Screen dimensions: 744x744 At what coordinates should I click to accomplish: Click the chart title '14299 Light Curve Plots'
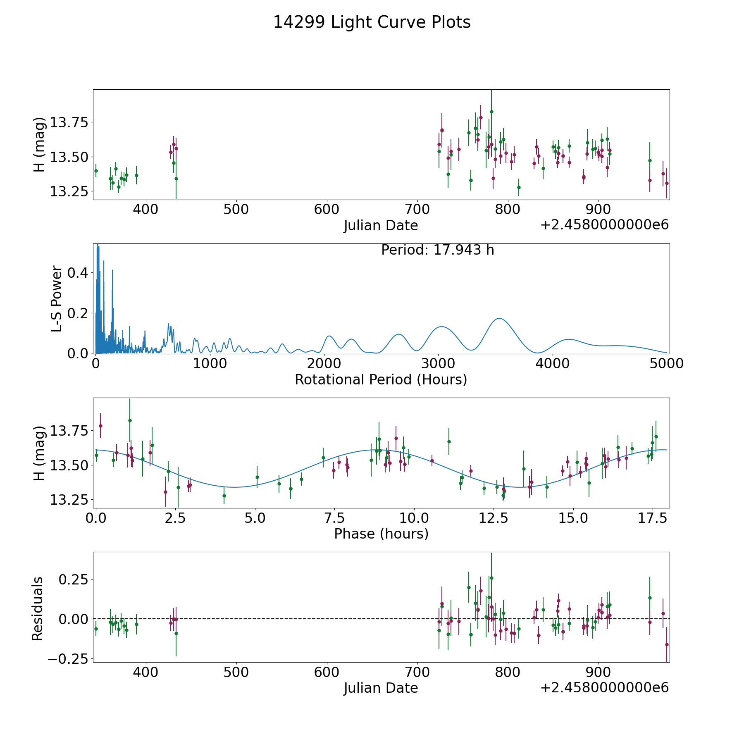pyautogui.click(x=372, y=23)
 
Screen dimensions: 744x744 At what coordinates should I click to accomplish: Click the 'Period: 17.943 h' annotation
pyautogui.click(x=437, y=250)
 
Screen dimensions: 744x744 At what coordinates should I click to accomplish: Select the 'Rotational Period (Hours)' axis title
pyautogui.click(x=381, y=379)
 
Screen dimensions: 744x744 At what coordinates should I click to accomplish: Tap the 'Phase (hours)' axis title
pyautogui.click(x=381, y=534)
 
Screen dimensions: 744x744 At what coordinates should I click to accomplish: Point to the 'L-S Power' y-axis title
pyautogui.click(x=57, y=298)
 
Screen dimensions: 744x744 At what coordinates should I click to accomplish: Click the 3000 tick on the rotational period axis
pyautogui.click(x=438, y=364)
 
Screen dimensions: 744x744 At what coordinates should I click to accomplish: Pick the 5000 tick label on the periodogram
pyautogui.click(x=666, y=364)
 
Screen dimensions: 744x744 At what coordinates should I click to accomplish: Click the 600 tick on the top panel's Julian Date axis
pyautogui.click(x=327, y=209)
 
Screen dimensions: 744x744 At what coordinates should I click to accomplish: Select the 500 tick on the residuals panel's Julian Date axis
pyautogui.click(x=236, y=672)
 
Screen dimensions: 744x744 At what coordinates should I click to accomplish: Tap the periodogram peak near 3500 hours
pyautogui.click(x=500, y=318)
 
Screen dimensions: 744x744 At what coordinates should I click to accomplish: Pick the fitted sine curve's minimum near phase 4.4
pyautogui.click(x=235, y=487)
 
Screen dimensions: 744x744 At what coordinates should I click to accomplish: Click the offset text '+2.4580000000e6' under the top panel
pyautogui.click(x=604, y=225)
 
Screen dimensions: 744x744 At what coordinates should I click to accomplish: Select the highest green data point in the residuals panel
pyautogui.click(x=491, y=578)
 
